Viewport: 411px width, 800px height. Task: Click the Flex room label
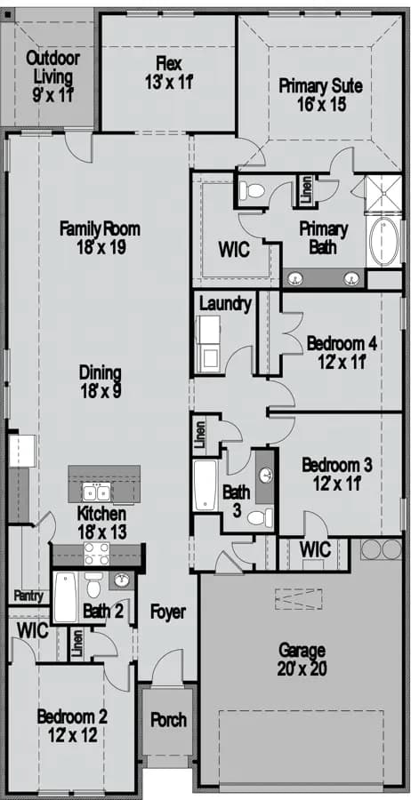(169, 73)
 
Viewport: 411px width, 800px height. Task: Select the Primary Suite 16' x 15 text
(321, 94)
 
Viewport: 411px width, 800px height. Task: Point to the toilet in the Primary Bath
(253, 191)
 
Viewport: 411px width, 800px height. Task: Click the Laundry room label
(226, 305)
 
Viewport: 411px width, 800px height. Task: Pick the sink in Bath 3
(265, 476)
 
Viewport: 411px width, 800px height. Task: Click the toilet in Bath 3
(261, 518)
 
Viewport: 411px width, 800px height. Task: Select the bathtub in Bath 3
(205, 484)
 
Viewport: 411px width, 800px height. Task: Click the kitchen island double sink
(96, 493)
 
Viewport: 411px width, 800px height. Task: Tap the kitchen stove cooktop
(96, 554)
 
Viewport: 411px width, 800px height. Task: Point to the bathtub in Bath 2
(65, 597)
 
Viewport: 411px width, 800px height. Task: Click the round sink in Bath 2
(121, 580)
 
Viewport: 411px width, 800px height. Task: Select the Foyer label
(168, 612)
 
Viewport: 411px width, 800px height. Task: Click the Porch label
(168, 720)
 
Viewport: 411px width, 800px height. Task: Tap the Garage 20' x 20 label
(302, 660)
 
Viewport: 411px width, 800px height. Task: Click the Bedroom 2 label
(72, 725)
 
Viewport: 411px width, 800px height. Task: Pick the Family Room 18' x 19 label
(100, 237)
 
